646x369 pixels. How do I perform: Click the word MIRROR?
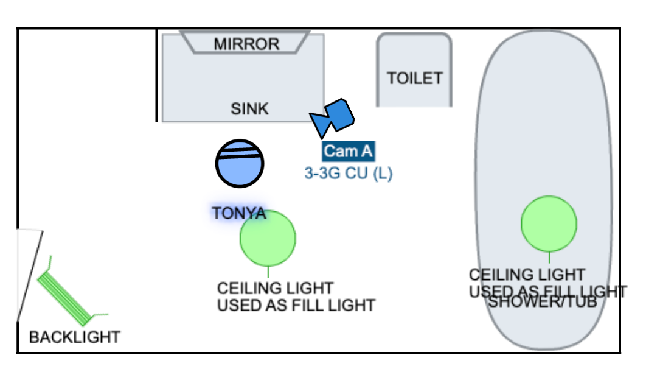tap(246, 44)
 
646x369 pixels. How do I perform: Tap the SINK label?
tap(249, 108)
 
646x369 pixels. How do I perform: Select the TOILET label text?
tap(415, 78)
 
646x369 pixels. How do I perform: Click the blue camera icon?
tap(333, 116)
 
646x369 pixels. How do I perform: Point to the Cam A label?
tap(348, 151)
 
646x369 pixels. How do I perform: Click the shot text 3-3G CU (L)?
tap(349, 174)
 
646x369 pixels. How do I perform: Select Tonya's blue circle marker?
tap(240, 163)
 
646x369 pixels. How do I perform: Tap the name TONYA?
tap(238, 213)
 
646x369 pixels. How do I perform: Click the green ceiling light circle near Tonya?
tap(268, 238)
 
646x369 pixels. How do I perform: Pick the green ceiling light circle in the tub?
tap(549, 223)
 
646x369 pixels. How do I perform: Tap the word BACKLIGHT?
tap(75, 337)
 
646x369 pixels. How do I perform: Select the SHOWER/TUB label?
tap(543, 302)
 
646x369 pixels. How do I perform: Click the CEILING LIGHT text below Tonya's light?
tap(275, 287)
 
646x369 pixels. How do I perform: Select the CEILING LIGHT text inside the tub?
tap(527, 275)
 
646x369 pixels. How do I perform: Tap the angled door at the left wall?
tap(29, 274)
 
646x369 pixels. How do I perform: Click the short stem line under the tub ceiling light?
tap(549, 257)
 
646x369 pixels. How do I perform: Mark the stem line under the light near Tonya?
tap(268, 272)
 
